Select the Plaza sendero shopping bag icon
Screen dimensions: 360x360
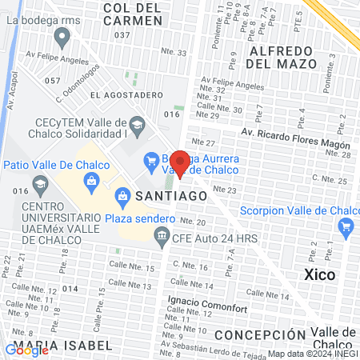point(123,194)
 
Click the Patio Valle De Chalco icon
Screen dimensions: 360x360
point(92,181)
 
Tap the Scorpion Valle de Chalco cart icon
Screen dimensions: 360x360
point(346,226)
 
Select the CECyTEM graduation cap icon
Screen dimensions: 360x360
point(138,124)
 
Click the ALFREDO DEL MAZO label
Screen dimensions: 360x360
point(291,50)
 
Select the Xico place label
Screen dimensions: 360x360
point(320,274)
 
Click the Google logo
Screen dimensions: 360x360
point(27,350)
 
